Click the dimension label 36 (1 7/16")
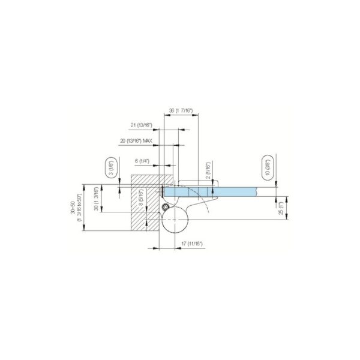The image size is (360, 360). [x=180, y=110]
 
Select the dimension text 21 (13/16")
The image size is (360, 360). [x=142, y=125]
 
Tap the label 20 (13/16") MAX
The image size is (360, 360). [x=136, y=140]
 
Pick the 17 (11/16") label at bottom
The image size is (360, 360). [x=192, y=244]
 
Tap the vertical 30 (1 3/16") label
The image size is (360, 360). [x=95, y=198]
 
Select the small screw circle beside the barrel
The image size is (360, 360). [x=164, y=206]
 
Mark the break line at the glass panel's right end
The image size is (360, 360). [x=256, y=191]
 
